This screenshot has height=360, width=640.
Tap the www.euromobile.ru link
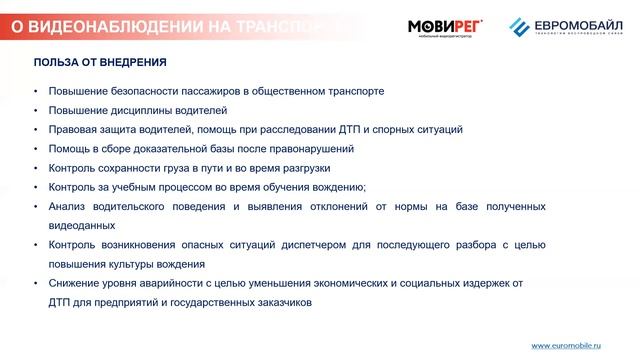click(x=565, y=345)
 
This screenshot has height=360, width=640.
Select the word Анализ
click(x=68, y=206)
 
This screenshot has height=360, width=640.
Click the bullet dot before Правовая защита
click(x=36, y=130)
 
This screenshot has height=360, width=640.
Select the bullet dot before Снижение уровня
click(x=36, y=282)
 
